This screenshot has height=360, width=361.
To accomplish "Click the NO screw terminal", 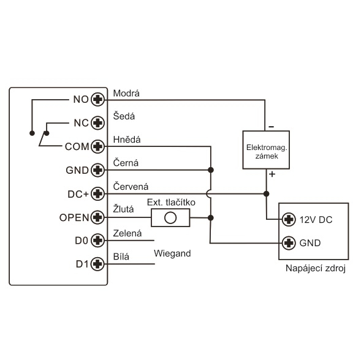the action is click(98, 100).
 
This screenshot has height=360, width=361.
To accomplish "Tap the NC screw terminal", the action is click(98, 123).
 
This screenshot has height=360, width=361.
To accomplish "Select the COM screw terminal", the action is click(98, 146).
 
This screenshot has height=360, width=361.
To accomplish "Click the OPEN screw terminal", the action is click(98, 217).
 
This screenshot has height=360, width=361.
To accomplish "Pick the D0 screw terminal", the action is click(98, 241).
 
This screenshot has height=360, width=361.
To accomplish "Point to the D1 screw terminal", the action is click(98, 264).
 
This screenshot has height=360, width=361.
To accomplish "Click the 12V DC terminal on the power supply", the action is click(289, 220).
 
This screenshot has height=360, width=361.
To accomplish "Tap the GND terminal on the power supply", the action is click(289, 243).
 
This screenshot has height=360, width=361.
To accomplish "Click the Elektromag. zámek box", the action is click(266, 150).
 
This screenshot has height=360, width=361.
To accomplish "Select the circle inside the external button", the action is click(170, 217).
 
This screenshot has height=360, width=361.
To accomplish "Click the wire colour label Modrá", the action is click(126, 94).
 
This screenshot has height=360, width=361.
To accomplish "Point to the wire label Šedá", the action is click(124, 116).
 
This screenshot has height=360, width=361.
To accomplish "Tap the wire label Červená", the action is click(131, 186).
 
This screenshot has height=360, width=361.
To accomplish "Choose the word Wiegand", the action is click(172, 253).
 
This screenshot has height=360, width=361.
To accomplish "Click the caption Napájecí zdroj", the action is click(316, 268).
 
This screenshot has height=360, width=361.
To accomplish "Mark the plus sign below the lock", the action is click(272, 174).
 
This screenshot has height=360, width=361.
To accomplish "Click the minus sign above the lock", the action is click(272, 127).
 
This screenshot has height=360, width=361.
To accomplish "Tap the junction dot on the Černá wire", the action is click(211, 170).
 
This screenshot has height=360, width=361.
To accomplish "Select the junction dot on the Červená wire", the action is click(267, 194).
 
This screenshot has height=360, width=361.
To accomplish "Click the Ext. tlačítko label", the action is click(171, 203).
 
